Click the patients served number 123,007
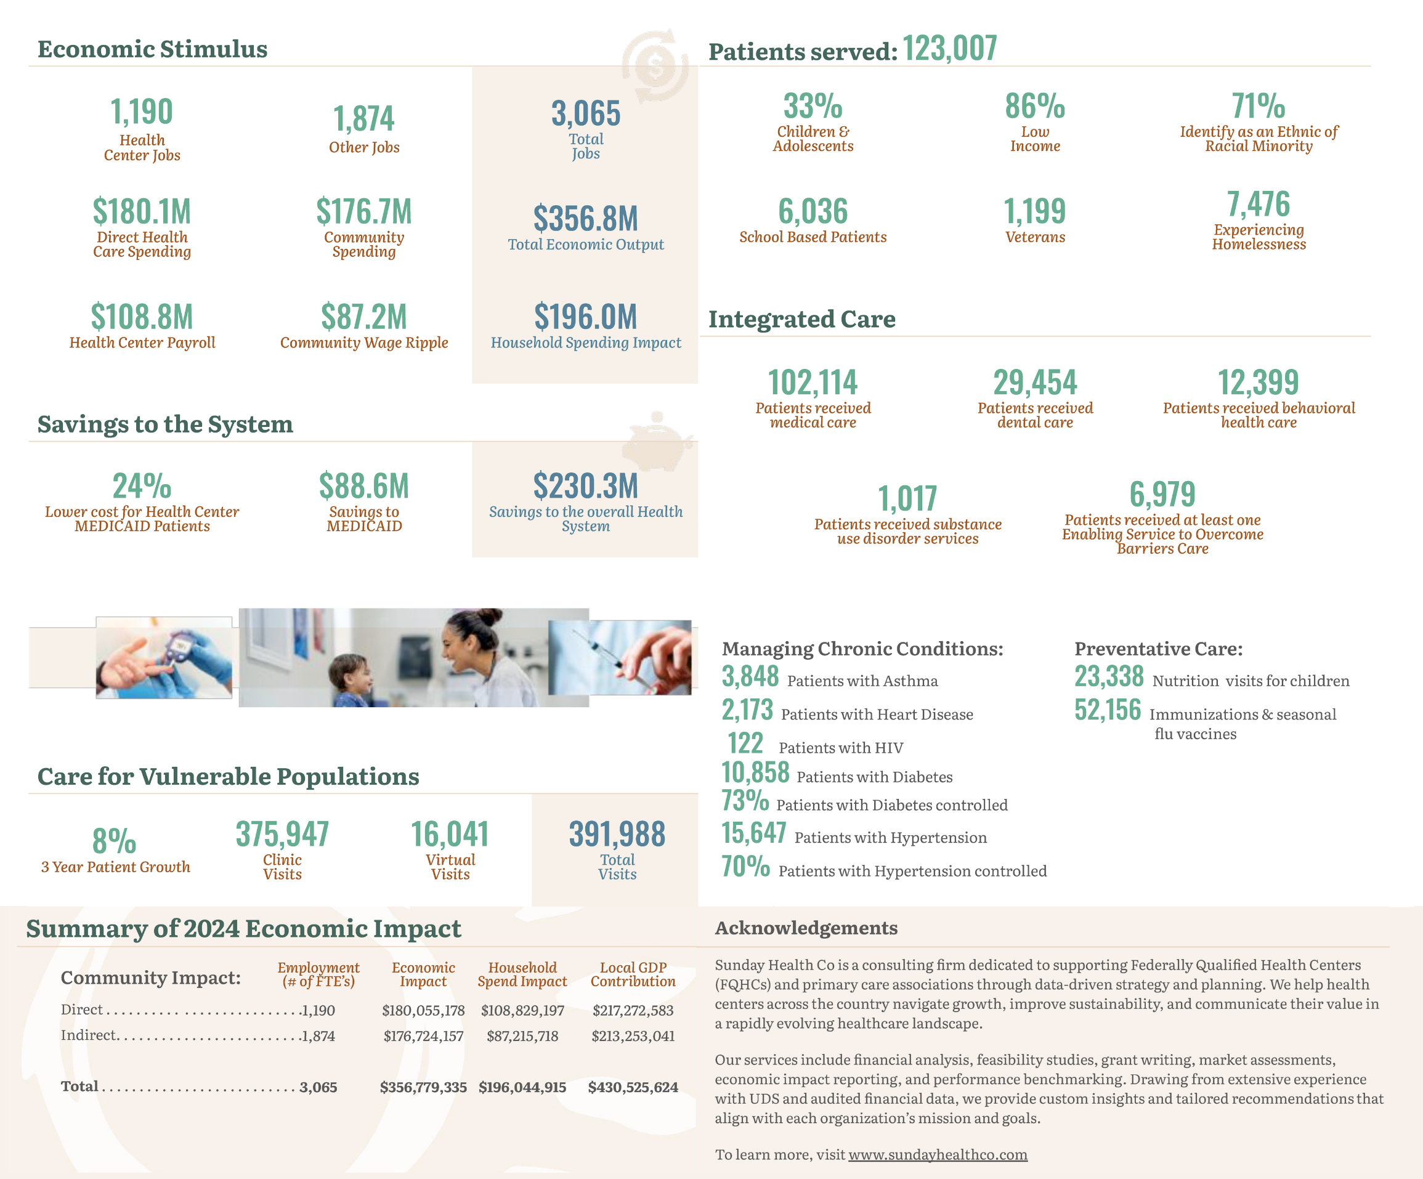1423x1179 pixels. point(949,49)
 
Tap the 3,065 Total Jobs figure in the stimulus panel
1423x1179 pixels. point(585,114)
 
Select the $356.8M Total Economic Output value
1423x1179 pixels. point(585,219)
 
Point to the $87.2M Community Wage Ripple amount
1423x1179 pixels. point(364,317)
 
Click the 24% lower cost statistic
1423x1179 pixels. point(142,487)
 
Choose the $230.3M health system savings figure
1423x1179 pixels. point(585,487)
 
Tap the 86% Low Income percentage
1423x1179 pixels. point(1035,107)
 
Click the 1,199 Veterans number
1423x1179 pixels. point(1035,211)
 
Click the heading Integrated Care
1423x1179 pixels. point(801,319)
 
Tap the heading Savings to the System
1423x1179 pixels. point(164,424)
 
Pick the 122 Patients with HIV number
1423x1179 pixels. point(745,744)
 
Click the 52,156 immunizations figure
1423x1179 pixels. point(1107,710)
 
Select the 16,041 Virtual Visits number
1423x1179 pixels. point(450,835)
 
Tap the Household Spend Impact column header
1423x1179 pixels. point(522,974)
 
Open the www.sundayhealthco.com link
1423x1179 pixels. point(938,1154)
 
